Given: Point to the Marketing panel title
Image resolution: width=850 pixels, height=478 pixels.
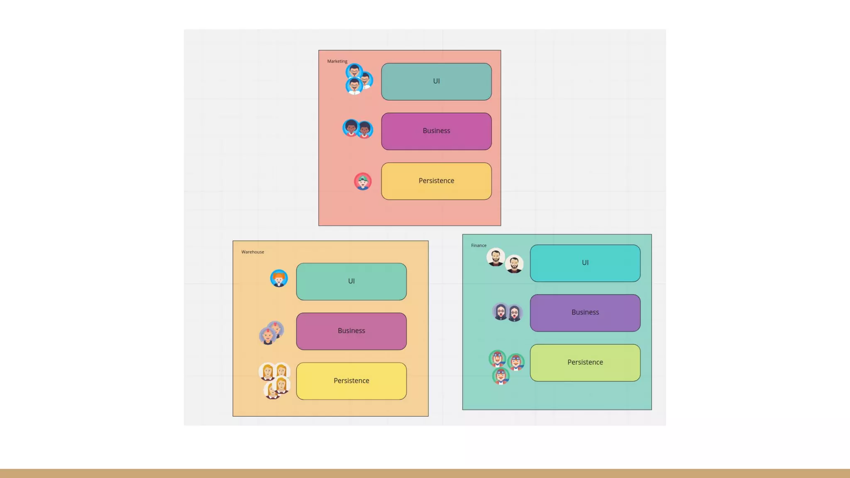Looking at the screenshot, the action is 337,61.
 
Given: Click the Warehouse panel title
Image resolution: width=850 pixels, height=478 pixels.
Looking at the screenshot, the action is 252,252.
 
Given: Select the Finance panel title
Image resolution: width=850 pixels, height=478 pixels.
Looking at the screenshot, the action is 479,245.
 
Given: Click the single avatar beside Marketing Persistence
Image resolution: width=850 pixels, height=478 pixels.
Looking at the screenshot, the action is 363,181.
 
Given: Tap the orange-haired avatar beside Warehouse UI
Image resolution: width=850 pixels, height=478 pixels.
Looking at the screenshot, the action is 279,278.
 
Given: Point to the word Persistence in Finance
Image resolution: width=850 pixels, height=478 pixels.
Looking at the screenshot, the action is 585,362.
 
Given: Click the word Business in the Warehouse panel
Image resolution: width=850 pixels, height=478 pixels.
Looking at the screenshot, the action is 351,331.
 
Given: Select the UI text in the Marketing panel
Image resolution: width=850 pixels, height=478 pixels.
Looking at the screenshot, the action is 436,81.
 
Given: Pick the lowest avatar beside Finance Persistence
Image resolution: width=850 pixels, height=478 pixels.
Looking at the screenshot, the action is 501,376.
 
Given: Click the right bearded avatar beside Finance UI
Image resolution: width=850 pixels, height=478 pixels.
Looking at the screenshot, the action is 514,264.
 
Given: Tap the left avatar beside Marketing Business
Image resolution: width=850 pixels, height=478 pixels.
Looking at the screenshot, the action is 351,128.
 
